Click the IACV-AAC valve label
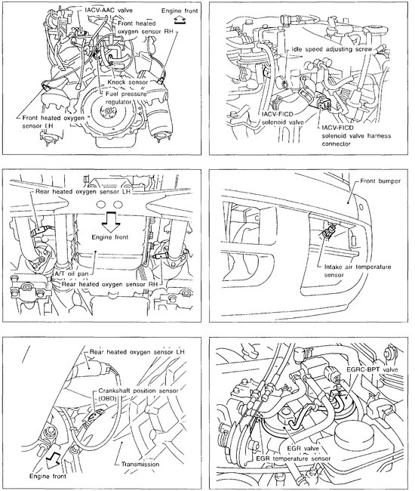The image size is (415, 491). coord(109,10)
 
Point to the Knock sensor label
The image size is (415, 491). coord(128,82)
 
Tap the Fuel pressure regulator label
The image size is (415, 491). coord(125,97)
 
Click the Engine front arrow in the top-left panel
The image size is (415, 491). coord(180,20)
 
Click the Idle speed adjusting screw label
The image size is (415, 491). coord(332,49)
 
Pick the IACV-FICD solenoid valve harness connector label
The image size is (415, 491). coord(356,136)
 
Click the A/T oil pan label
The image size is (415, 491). coord(72,273)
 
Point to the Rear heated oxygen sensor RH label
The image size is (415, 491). coord(109,284)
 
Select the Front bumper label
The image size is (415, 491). coord(380,181)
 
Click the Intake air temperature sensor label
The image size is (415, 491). coord(358,271)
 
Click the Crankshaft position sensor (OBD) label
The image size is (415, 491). coord(138,394)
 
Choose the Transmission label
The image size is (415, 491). coord(140,464)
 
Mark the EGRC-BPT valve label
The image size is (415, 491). coord(372,369)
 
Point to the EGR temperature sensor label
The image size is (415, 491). coord(293,459)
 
